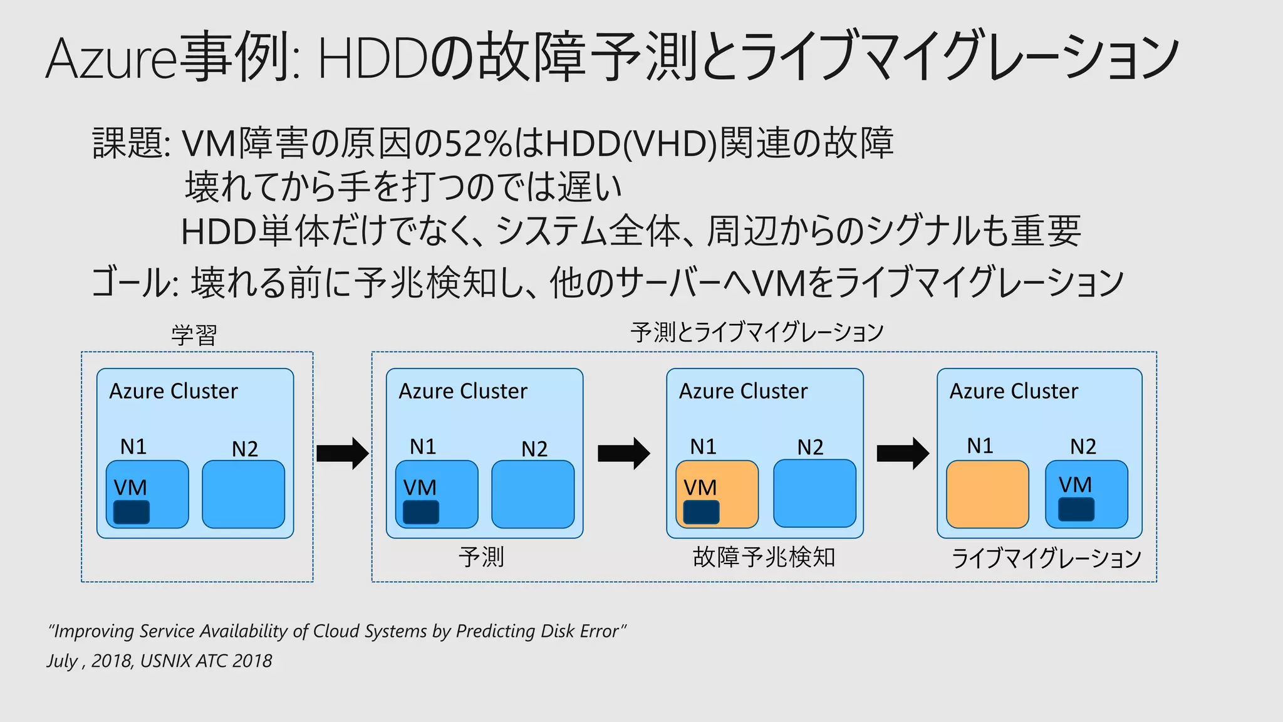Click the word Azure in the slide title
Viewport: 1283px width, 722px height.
pyautogui.click(x=112, y=58)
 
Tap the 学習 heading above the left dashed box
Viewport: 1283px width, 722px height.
pyautogui.click(x=194, y=335)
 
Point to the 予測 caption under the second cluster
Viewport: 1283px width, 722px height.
pyautogui.click(x=481, y=557)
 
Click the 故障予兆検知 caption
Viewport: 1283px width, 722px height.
pyautogui.click(x=764, y=557)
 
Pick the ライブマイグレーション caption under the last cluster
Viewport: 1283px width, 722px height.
pyautogui.click(x=1046, y=558)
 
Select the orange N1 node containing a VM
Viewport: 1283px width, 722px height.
pyautogui.click(x=717, y=494)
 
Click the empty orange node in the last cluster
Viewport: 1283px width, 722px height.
pyautogui.click(x=987, y=494)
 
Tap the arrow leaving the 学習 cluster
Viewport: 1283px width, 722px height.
pyautogui.click(x=342, y=453)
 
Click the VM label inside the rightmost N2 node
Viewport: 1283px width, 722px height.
pyautogui.click(x=1075, y=484)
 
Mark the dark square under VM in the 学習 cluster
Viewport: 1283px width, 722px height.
pyautogui.click(x=132, y=512)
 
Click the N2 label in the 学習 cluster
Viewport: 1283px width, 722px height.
pyautogui.click(x=244, y=449)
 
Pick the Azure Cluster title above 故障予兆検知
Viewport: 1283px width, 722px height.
pyautogui.click(x=743, y=391)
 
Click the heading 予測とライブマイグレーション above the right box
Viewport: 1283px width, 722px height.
pyautogui.click(x=757, y=332)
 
